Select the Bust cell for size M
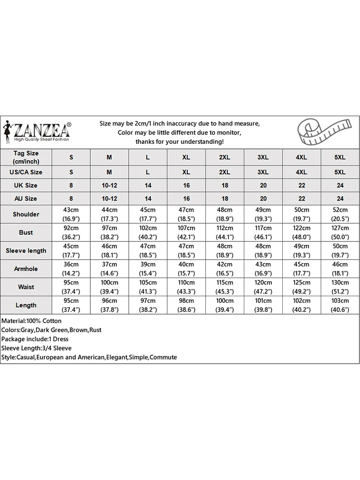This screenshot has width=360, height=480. pos(109,232)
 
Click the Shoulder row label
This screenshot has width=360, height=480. pos(26,214)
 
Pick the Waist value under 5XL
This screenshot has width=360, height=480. pos(340,287)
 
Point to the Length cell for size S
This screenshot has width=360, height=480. pos(71,305)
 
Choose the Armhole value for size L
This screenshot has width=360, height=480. pos(148,269)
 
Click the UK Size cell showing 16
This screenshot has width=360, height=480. pos(186,185)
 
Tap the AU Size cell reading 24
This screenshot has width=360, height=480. pos(340,198)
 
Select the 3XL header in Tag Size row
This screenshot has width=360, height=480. pos(263,157)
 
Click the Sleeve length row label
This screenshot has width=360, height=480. pos(26,251)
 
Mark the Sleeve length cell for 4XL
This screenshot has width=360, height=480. pos(301,251)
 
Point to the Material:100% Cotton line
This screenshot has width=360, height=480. pos(32,321)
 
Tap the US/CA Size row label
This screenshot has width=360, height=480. pos(26,172)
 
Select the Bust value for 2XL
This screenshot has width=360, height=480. pos(225,232)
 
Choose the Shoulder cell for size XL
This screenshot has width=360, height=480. pos(186,214)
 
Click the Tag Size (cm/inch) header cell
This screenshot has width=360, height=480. pos(26,157)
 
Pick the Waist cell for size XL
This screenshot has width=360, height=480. pos(186,287)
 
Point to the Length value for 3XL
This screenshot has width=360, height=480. pos(263,305)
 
